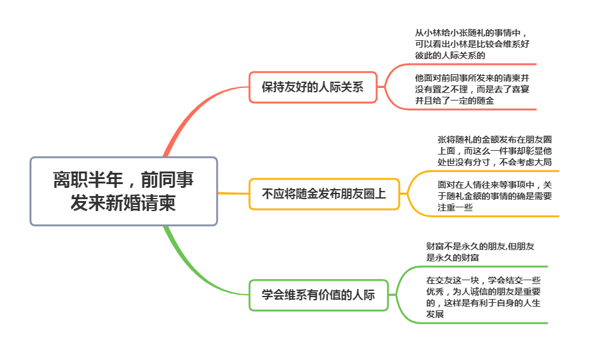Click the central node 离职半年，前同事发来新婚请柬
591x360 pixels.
(124, 191)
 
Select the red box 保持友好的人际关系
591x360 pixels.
(313, 87)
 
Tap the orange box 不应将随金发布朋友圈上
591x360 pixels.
(324, 194)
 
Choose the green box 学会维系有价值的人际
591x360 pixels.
(318, 295)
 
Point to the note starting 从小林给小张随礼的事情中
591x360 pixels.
(472, 44)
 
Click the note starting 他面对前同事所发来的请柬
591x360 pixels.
(472, 89)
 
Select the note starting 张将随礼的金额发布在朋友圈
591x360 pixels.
(494, 151)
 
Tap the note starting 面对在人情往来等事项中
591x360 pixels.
(494, 196)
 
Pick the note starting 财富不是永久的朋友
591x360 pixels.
(480, 252)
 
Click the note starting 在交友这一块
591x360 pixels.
(483, 297)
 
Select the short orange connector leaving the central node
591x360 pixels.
(233, 194)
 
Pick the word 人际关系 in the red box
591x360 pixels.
(341, 87)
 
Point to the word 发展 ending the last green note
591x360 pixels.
(435, 314)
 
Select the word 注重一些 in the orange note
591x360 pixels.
(455, 207)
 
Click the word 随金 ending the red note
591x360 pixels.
(485, 101)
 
